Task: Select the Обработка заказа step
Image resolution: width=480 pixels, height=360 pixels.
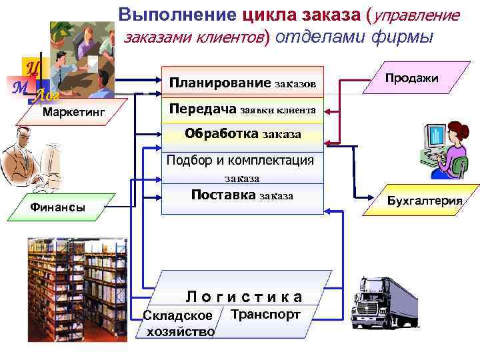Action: pyautogui.click(x=243, y=133)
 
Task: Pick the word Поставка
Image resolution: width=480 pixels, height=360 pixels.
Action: pyautogui.click(x=223, y=195)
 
